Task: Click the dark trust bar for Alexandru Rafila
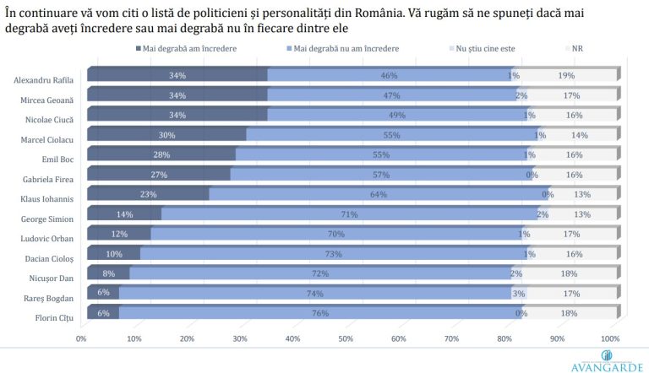pos(177,76)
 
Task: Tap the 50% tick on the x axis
pos(346,338)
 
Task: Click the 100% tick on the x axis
pos(609,338)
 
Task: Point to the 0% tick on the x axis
pos(82,338)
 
